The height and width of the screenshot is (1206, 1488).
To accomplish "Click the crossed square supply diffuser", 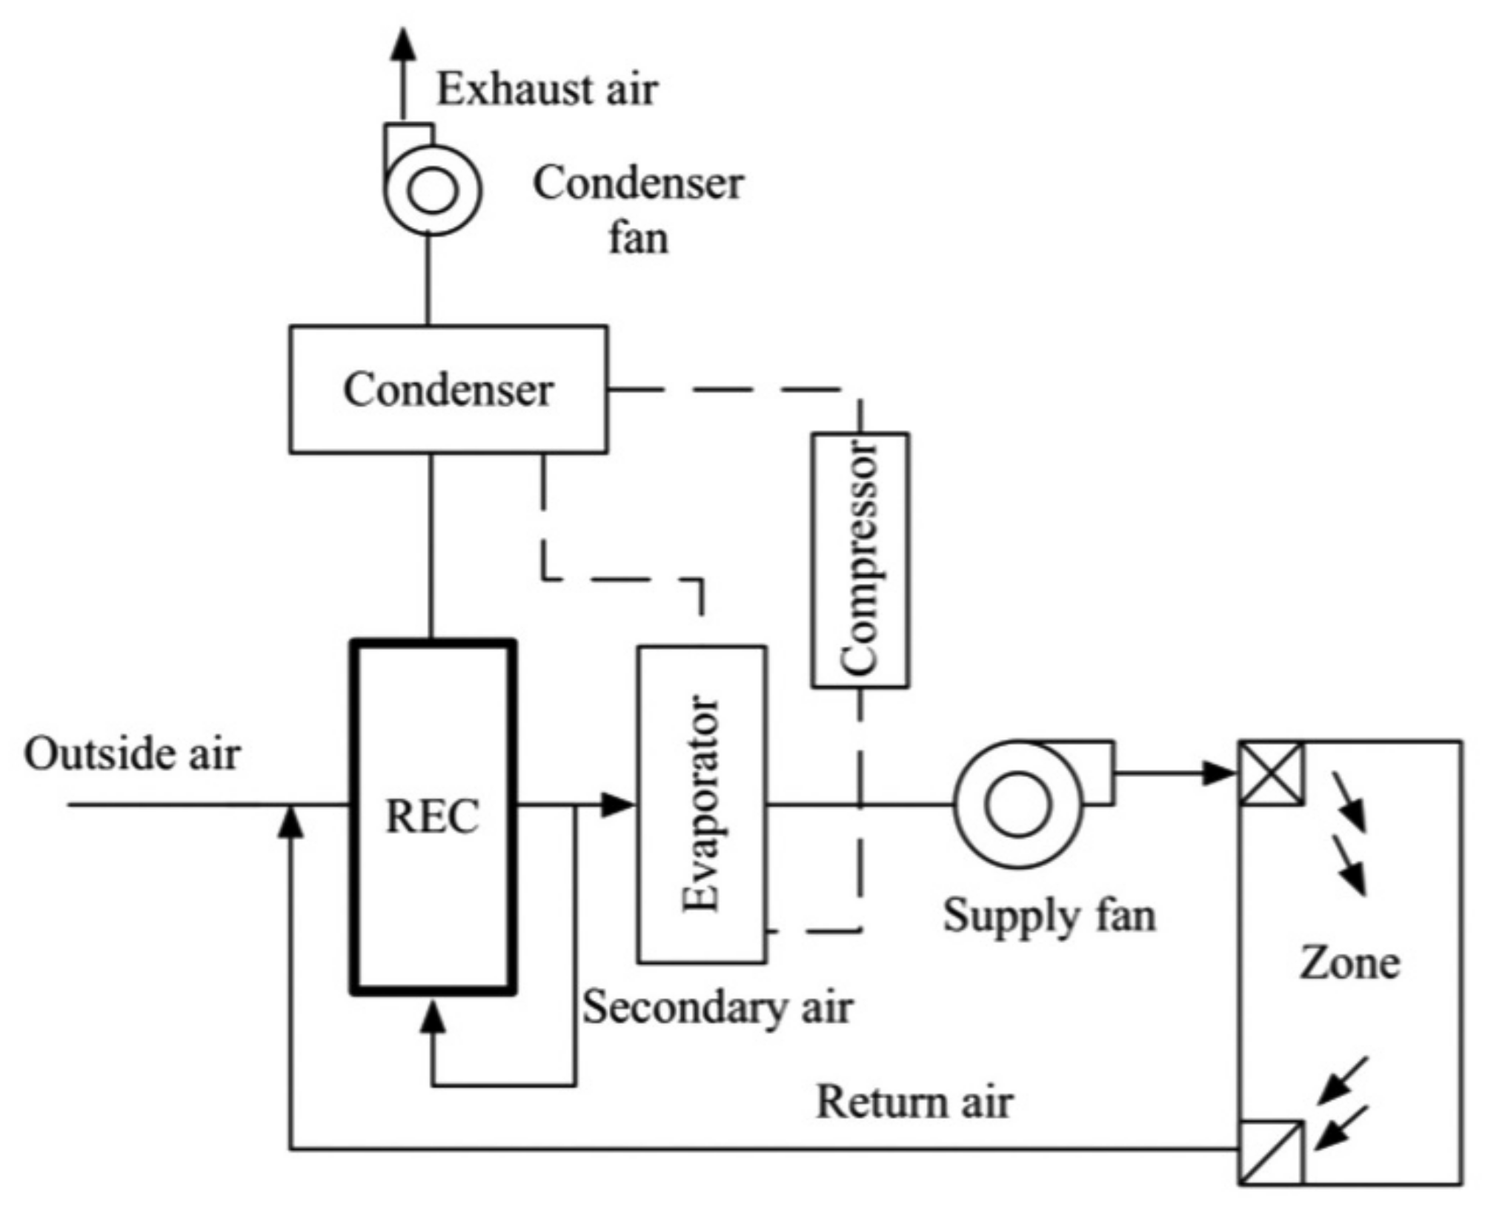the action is point(1272,773).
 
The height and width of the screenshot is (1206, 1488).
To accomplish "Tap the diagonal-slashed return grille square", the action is point(1272,1153).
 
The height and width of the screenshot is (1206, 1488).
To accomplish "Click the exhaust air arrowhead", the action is point(404,44).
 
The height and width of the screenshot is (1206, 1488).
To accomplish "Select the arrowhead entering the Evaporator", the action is point(618,804).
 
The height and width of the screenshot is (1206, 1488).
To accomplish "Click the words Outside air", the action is point(132,754).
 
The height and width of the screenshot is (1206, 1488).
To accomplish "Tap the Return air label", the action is point(914,1102).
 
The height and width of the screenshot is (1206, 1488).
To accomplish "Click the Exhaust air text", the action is point(547,89).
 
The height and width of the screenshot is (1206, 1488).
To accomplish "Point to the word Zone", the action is point(1349,963).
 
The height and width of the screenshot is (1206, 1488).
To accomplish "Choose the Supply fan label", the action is point(1049,916).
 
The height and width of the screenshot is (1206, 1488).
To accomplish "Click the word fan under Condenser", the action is point(638,238).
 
